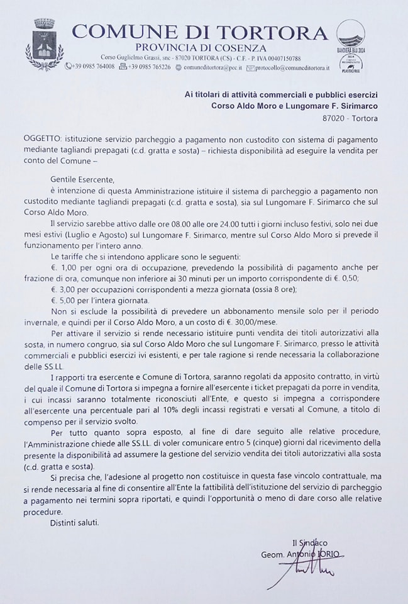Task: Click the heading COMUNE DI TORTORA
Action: [x=200, y=33]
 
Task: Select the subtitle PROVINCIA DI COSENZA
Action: [x=201, y=48]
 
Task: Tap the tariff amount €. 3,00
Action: [x=65, y=290]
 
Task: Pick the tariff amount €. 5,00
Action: [x=65, y=301]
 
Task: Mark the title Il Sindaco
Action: [x=309, y=543]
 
